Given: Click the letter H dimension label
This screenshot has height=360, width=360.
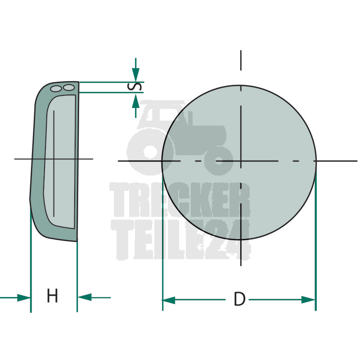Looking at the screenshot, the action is [x=52, y=296].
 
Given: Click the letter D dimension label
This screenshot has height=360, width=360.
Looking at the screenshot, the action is [x=239, y=299].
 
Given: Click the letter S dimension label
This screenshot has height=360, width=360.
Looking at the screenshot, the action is [x=134, y=87].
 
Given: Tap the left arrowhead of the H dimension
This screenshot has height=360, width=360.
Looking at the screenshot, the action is [x=24, y=298].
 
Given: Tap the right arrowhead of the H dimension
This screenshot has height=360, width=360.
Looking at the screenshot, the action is [x=85, y=297].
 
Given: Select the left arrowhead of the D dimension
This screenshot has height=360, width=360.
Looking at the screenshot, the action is [x=169, y=300].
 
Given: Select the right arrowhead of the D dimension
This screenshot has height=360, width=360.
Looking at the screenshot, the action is [x=308, y=300].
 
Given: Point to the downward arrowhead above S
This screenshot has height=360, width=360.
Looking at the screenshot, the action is [x=136, y=74].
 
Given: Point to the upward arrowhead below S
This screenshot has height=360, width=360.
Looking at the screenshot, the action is [x=136, y=100].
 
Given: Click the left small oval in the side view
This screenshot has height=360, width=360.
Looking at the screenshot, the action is [x=56, y=89].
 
